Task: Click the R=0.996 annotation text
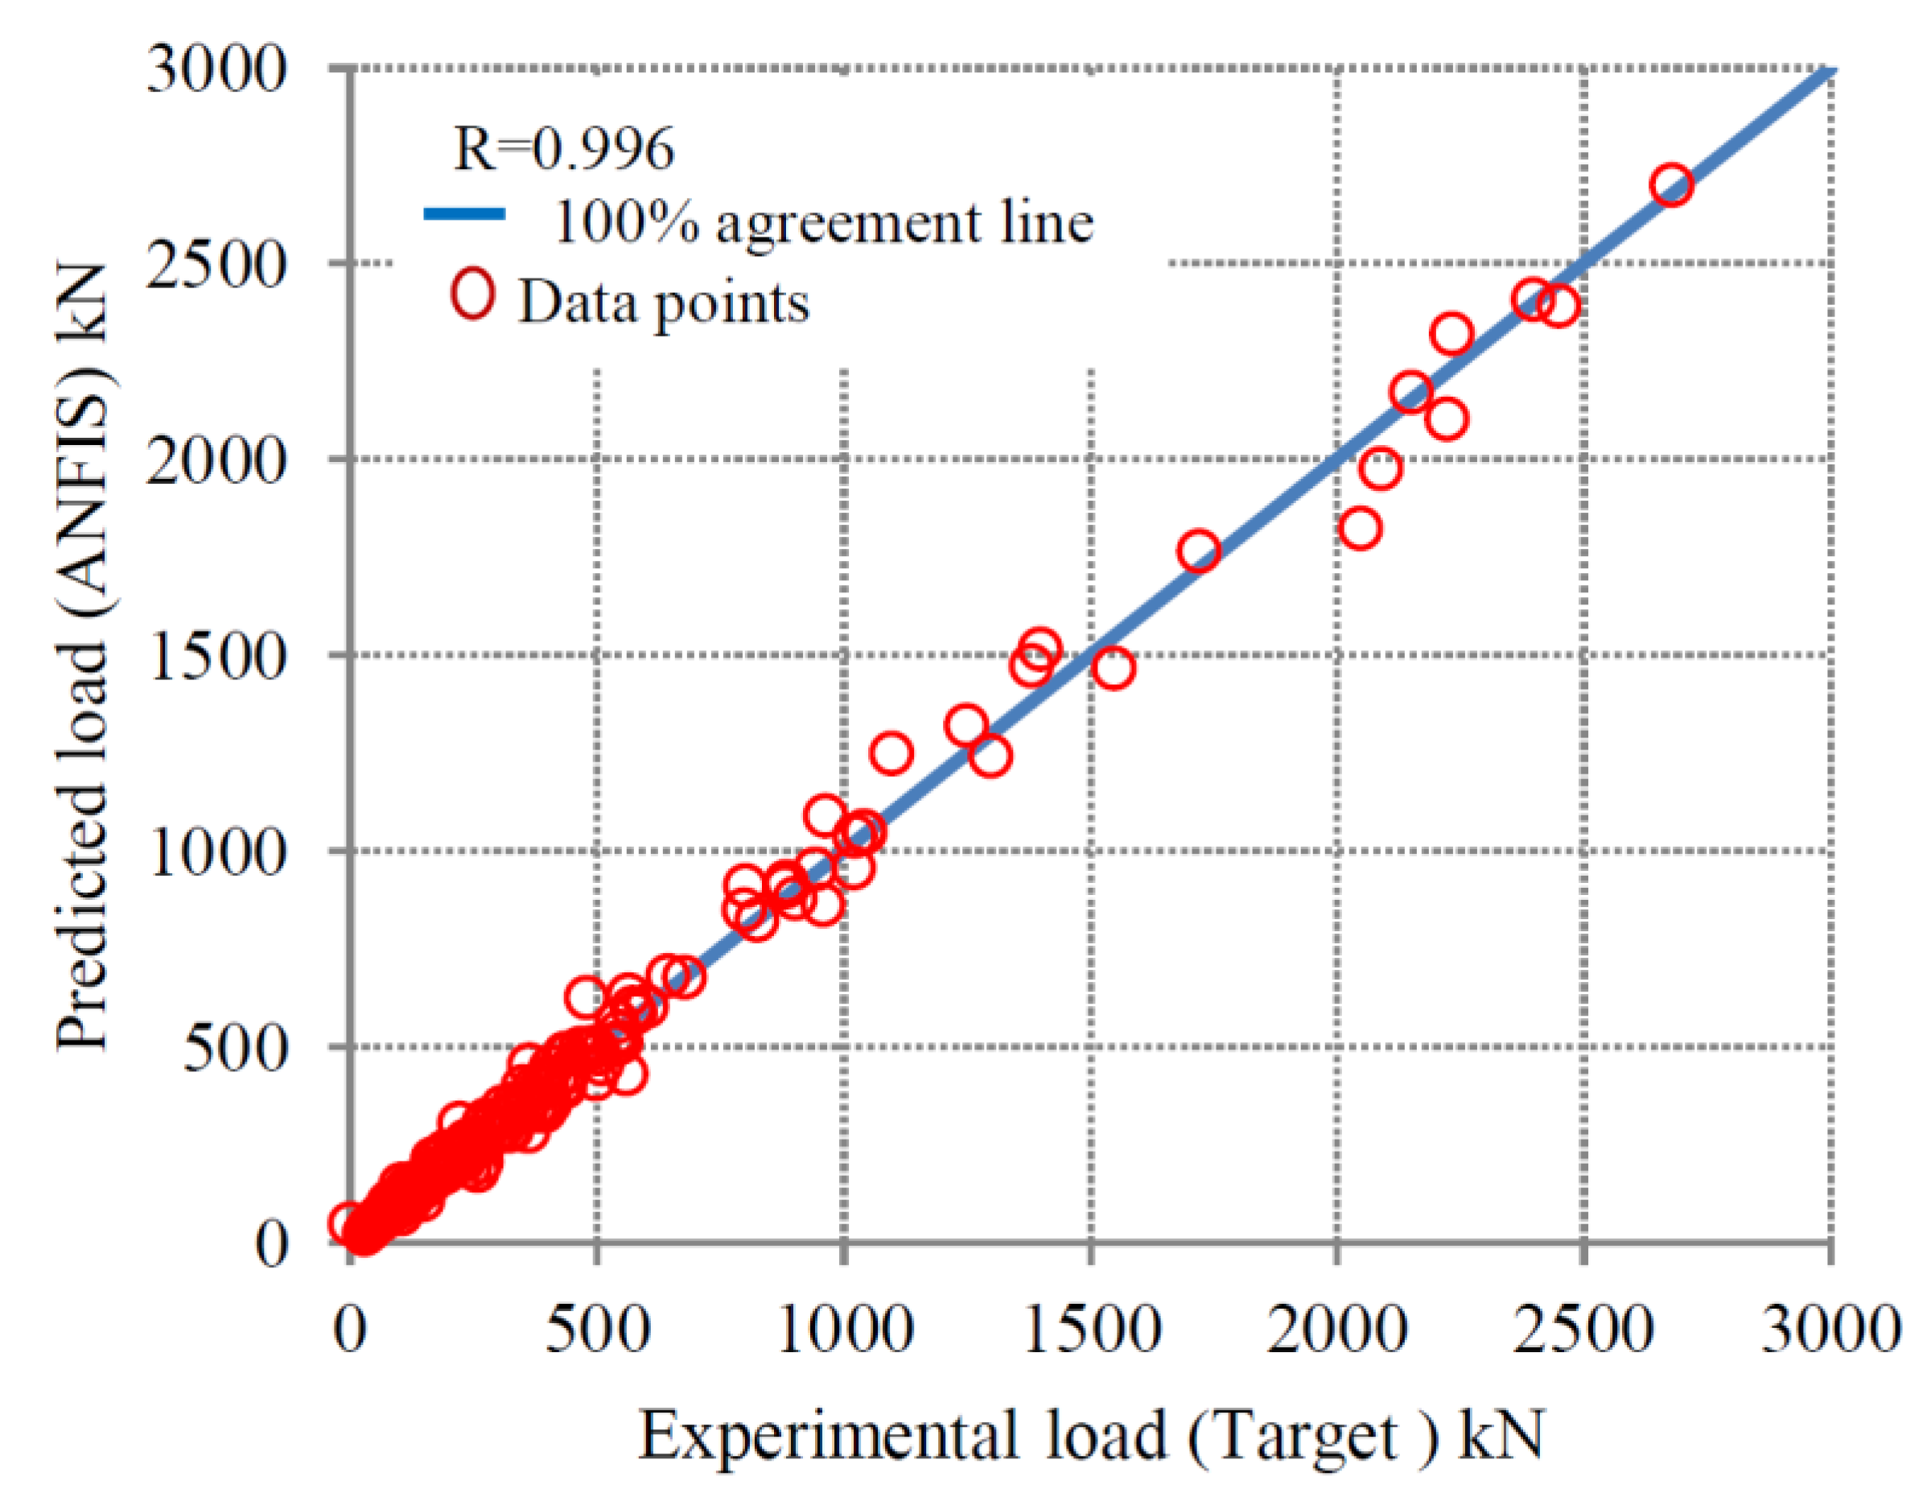coord(564,148)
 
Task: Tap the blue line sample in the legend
coord(464,214)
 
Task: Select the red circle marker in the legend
coord(473,295)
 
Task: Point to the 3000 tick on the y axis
coord(216,69)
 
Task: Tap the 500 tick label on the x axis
coord(597,1329)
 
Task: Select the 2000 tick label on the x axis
coord(1337,1329)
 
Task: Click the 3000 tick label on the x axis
coord(1830,1329)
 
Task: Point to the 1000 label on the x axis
coord(844,1329)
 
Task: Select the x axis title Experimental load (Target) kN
coord(1091,1434)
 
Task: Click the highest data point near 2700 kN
coord(1671,185)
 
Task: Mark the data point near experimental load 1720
coord(1199,551)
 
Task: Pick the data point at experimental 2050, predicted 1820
coord(1360,529)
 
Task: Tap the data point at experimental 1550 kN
coord(1114,667)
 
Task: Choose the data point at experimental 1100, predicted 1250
coord(891,753)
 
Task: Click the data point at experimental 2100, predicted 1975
coord(1381,467)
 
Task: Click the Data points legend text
coord(663,303)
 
